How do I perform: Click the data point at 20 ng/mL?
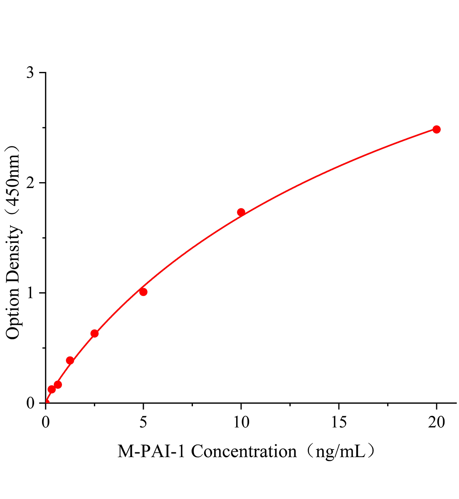coord(436,129)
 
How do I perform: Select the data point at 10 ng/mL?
coord(241,212)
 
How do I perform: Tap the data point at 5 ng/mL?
coord(143,292)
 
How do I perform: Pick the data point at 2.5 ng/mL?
coord(94,333)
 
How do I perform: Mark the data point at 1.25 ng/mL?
coord(70,361)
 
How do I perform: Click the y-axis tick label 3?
coord(30,73)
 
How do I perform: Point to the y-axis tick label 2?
coord(30,183)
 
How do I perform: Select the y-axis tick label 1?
coord(30,293)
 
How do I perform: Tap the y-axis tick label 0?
coord(30,403)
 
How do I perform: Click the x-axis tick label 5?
coord(143,422)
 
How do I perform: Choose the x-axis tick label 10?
coord(241,422)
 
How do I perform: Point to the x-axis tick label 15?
coord(338,422)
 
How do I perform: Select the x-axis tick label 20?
coord(436,422)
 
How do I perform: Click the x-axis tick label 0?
coord(45,422)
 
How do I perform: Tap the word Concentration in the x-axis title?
coord(244,451)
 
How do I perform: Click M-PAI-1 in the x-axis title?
coord(152,451)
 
